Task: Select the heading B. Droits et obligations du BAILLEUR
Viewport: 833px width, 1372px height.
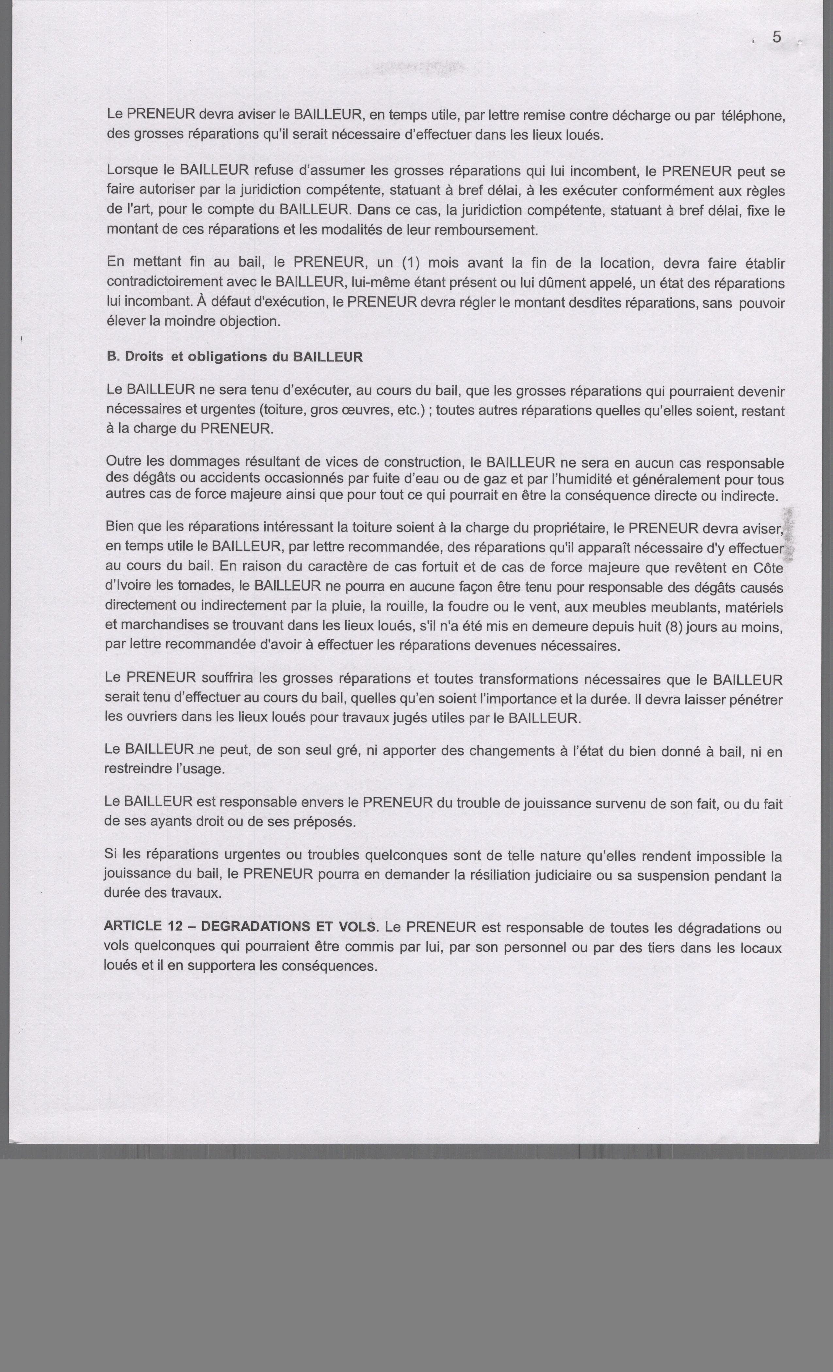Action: pos(235,357)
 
